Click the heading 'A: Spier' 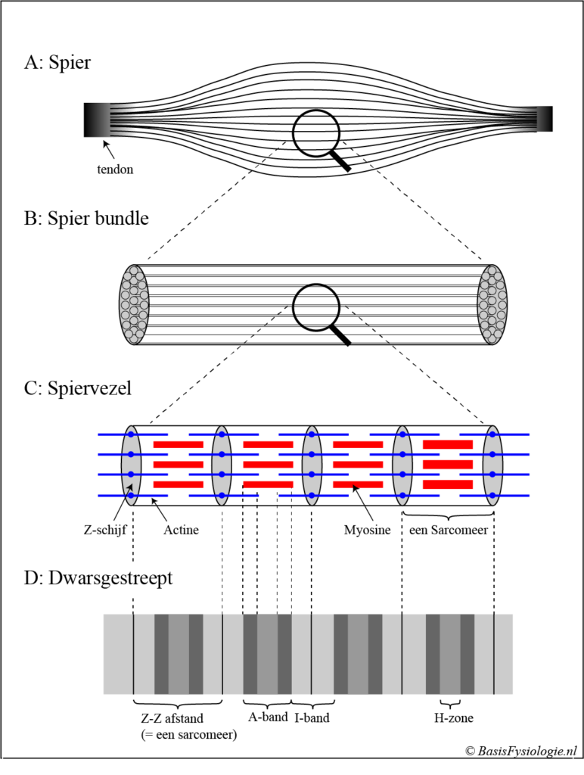[57, 63]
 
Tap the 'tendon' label [115, 170]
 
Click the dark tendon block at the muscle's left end [98, 120]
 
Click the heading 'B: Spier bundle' [86, 219]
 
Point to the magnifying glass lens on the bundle [317, 307]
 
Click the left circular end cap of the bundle [134, 305]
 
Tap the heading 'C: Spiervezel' [78, 389]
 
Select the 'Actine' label [181, 530]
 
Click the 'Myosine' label [367, 530]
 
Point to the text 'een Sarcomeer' [448, 530]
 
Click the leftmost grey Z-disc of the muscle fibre [132, 465]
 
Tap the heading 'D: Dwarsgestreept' [98, 579]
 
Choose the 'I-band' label [312, 717]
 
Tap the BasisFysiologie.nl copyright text [520, 750]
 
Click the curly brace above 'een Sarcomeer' [448, 515]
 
